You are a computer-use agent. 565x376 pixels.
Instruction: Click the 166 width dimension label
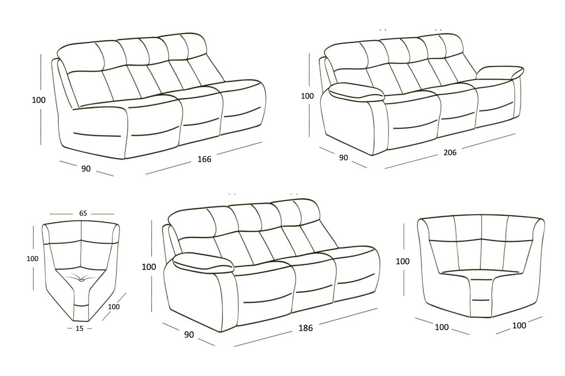point(204,159)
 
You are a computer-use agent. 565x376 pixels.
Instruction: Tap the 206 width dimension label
point(450,153)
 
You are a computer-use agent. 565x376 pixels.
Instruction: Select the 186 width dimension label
point(305,328)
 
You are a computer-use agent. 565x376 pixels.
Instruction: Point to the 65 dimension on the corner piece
point(83,213)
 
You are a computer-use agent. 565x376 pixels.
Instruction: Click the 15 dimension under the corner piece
point(79,328)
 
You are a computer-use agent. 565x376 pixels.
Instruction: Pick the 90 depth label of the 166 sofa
point(86,169)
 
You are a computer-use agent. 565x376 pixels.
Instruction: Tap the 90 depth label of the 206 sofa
point(343,158)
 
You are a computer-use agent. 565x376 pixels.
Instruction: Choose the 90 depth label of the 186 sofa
point(189,335)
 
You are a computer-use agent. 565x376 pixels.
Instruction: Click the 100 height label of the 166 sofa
point(39,100)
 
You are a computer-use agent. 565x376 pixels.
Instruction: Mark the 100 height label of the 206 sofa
point(307,96)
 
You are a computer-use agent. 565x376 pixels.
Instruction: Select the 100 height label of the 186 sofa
point(149,267)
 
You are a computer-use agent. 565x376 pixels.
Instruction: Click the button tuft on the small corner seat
point(82,280)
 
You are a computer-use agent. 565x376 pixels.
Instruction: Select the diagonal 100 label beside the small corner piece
point(114,307)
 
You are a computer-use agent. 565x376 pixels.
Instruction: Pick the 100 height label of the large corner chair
point(403,261)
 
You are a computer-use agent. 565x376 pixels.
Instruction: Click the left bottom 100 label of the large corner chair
point(442,327)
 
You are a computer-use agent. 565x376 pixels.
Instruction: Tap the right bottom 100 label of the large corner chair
point(519,325)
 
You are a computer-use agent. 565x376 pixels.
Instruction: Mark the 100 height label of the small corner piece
point(33,259)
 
